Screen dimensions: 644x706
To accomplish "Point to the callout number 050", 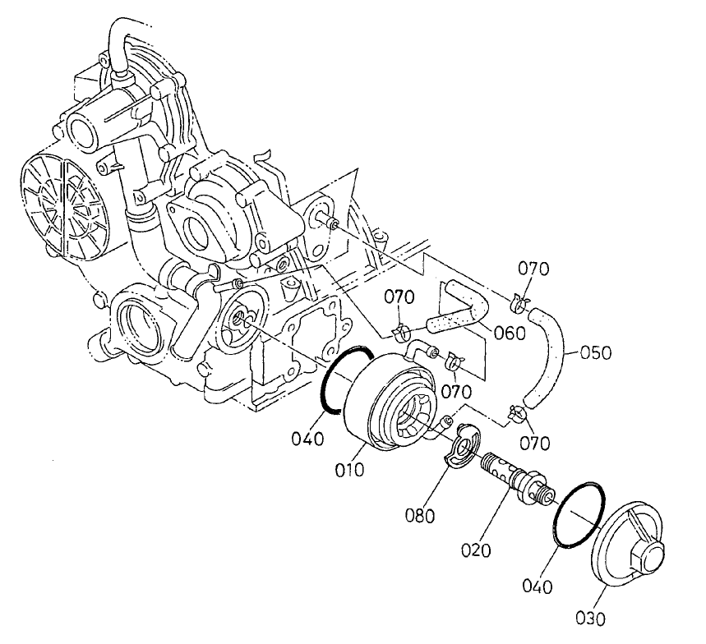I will [x=595, y=353].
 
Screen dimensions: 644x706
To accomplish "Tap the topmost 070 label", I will [x=533, y=268].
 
